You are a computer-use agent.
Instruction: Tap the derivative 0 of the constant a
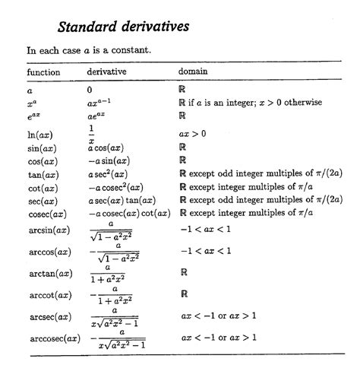pos(90,90)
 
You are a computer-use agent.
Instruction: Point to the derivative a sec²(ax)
pos(111,175)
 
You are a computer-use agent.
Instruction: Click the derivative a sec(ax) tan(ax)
pos(125,200)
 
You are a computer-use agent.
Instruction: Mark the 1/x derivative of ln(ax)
pos(91,134)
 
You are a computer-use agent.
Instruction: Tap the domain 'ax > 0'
pos(193,134)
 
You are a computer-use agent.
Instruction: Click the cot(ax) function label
pos(40,188)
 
